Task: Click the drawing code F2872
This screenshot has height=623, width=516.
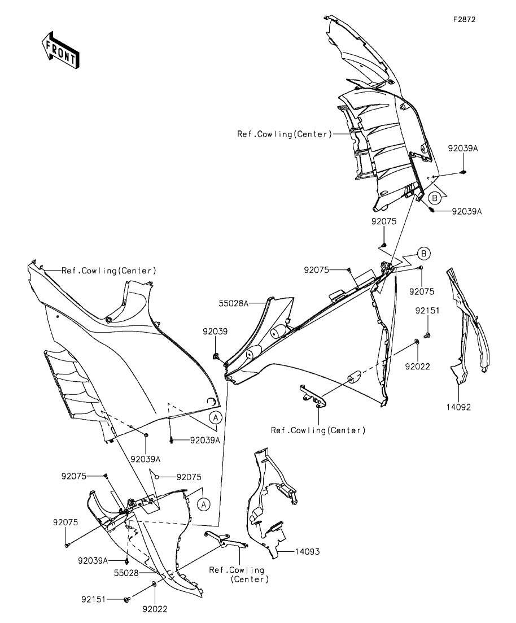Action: coord(464,19)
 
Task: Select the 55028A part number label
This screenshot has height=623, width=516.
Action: coord(234,303)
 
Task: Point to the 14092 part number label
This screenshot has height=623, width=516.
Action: coord(458,407)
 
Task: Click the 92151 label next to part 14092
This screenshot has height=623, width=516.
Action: coord(428,311)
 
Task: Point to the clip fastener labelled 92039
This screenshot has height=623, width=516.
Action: coord(217,356)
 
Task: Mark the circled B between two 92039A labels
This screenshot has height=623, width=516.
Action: coord(434,198)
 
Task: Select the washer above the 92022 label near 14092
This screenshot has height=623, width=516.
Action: coord(417,341)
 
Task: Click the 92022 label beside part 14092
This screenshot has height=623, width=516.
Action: coord(417,367)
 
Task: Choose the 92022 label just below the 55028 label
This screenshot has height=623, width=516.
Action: coord(155,609)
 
